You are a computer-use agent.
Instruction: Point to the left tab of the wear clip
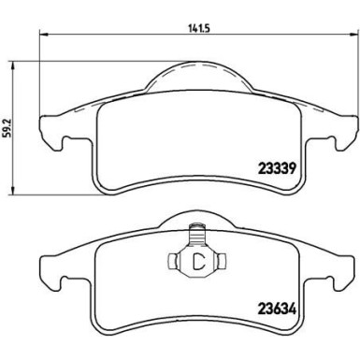[175, 263]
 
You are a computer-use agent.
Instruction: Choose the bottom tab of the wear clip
[195, 281]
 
